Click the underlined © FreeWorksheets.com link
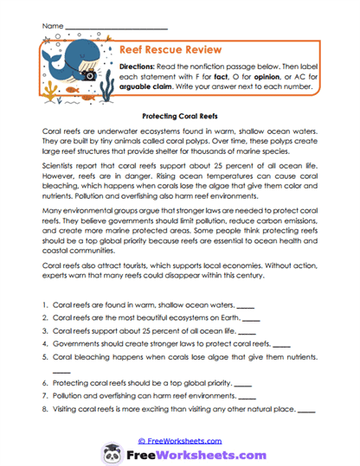[180, 439]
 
